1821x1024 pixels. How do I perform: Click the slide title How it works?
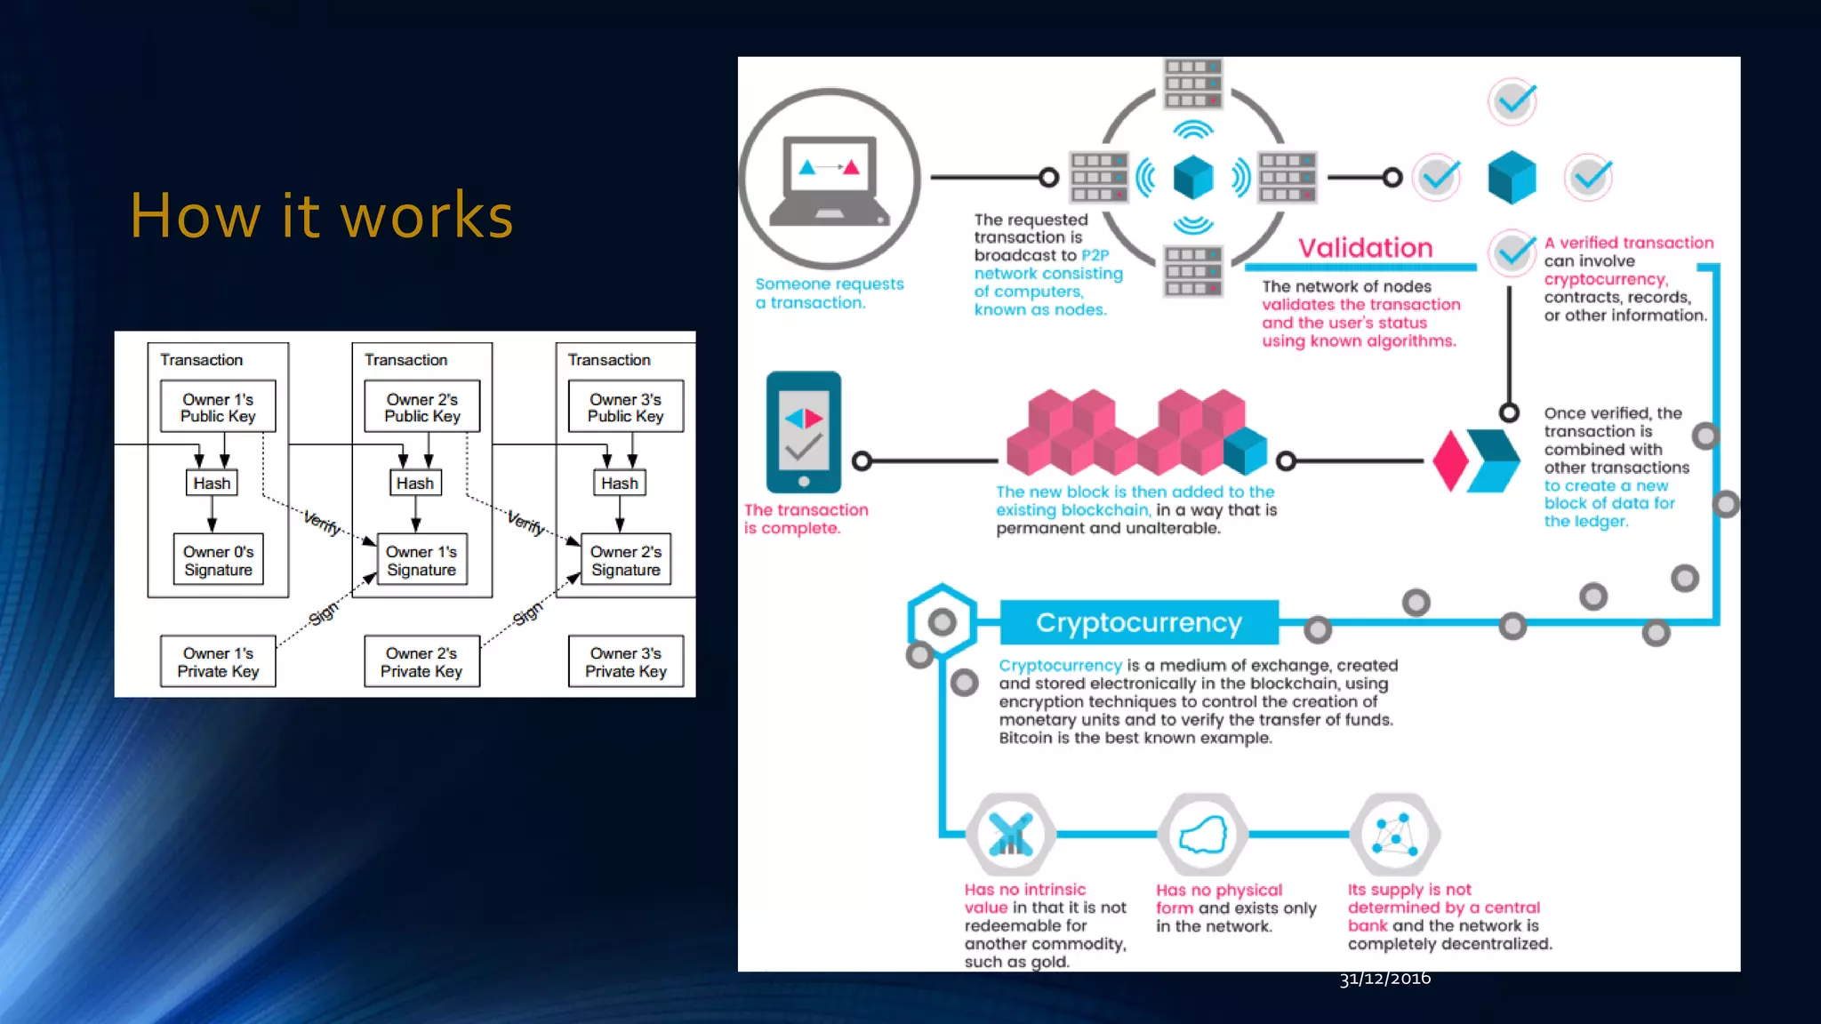(322, 216)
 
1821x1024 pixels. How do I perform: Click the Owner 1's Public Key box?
(218, 407)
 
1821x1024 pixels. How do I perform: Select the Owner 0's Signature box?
(218, 560)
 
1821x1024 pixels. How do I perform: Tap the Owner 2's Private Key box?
(421, 662)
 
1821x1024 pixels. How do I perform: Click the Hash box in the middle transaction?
(415, 483)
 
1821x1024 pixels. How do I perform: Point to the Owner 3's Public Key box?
(625, 407)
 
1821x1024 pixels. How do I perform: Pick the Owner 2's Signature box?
(625, 560)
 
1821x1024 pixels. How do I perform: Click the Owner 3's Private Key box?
(625, 662)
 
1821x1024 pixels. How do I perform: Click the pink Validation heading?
(1365, 248)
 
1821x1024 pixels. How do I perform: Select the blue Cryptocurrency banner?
(1138, 622)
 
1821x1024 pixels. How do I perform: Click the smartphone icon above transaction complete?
(804, 432)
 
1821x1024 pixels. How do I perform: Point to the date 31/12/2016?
(1384, 979)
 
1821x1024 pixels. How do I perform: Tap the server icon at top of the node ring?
(1193, 84)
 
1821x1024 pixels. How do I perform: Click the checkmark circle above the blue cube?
(1512, 102)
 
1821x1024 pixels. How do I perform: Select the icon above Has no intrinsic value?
(1010, 835)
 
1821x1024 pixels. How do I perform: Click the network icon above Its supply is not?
(1394, 835)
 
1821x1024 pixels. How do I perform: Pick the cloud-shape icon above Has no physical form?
(1202, 835)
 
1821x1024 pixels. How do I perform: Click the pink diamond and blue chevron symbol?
(1476, 460)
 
